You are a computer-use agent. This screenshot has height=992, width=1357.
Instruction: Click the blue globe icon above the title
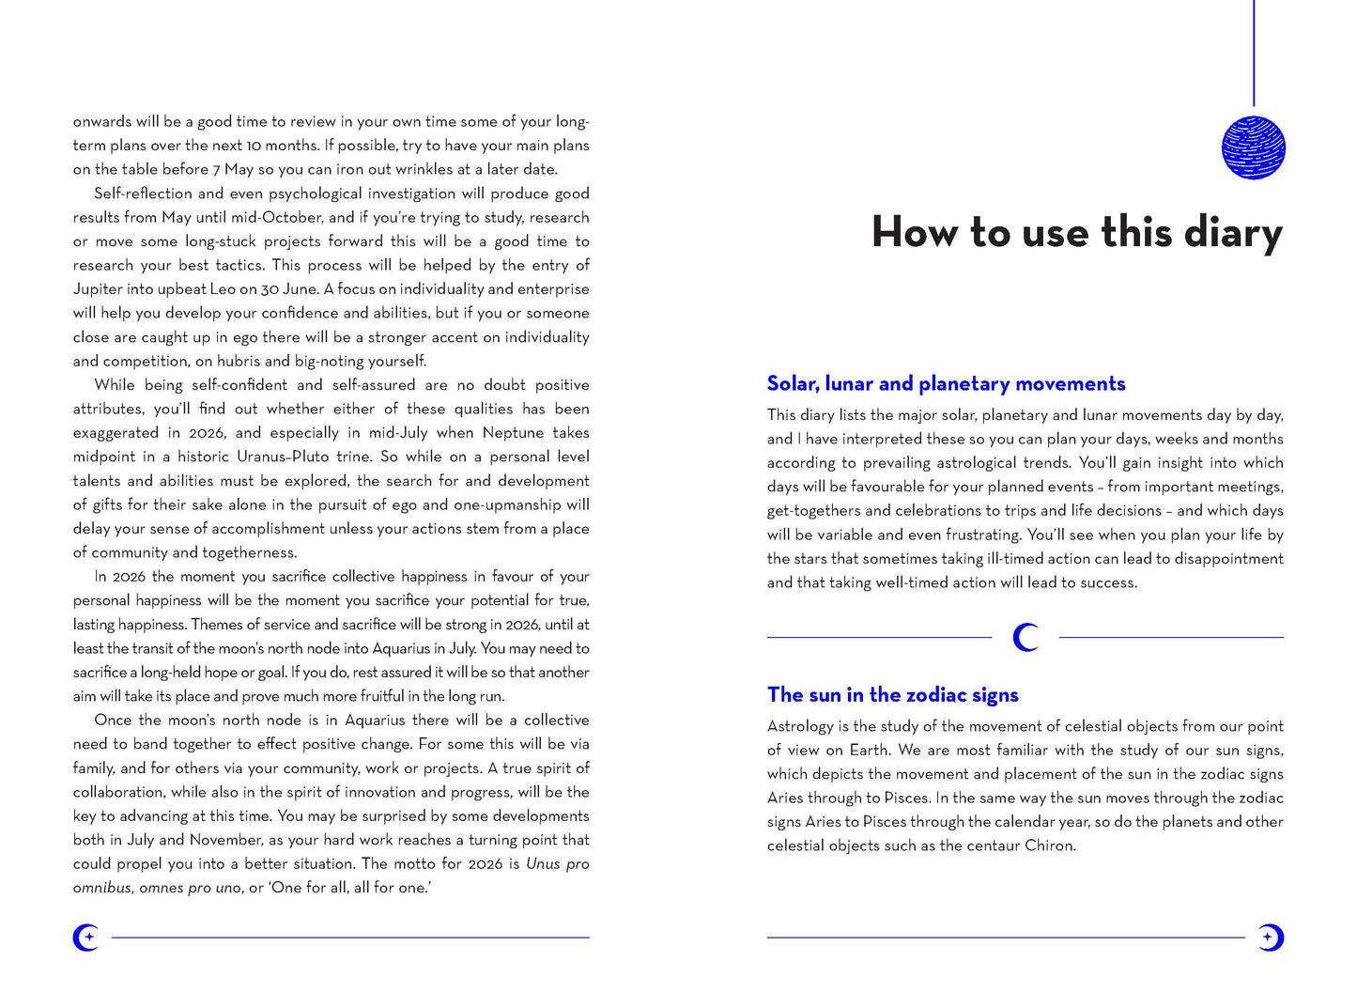tap(1253, 147)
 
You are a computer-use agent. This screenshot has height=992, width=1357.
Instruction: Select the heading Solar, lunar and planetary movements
tap(946, 383)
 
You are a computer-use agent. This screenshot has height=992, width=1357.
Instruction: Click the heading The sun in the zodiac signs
tap(892, 694)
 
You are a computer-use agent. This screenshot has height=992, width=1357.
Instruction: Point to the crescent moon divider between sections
tap(1025, 638)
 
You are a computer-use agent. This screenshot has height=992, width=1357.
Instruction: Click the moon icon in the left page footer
tap(86, 937)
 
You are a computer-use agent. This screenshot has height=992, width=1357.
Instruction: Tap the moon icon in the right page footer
tap(1270, 937)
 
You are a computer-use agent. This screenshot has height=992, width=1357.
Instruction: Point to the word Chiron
tap(1048, 845)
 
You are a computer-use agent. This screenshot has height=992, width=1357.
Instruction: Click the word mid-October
tap(278, 217)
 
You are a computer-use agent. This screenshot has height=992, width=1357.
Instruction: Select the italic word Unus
tap(543, 864)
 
